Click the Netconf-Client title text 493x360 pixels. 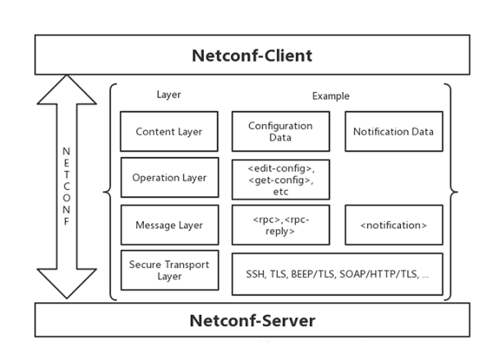tap(252, 56)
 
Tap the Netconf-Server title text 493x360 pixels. tap(252, 321)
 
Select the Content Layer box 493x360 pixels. tap(169, 131)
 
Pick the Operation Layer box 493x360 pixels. tap(170, 178)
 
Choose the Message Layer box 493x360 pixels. tap(170, 225)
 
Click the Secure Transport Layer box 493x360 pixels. tap(170, 270)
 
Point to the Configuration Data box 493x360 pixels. tap(281, 131)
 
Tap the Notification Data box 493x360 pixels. tap(394, 131)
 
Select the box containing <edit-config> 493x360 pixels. tap(281, 180)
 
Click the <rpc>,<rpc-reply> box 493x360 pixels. tap(281, 225)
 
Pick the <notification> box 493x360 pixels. tap(394, 225)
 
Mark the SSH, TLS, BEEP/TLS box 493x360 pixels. tap(338, 274)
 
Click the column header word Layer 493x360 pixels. tap(169, 94)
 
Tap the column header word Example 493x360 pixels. tap(331, 96)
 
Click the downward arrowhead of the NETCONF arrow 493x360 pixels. tap(67, 284)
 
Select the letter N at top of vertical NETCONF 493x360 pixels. tap(66, 151)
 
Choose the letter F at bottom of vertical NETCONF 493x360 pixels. tap(66, 222)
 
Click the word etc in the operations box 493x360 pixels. tap(281, 192)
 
